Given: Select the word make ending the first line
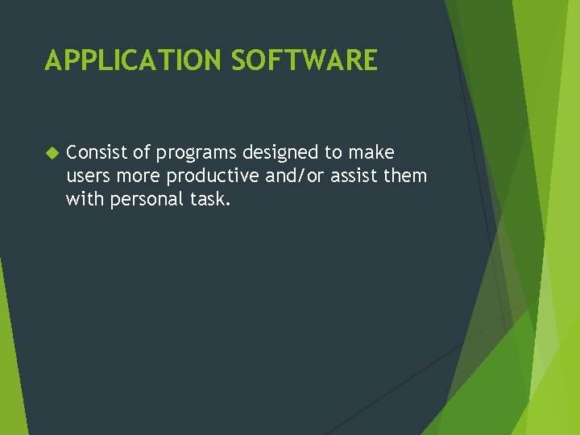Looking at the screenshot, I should click(371, 152).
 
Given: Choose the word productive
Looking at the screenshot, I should click(214, 176).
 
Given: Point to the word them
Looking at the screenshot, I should click(409, 176).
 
